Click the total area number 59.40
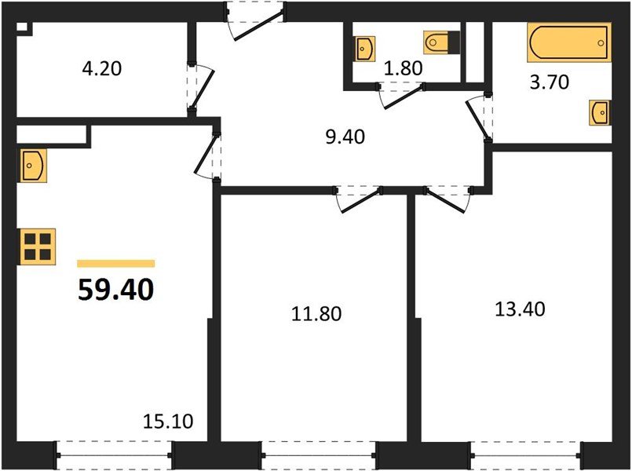coord(115,290)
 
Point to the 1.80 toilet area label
coord(404,68)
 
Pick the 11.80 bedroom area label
coord(317,314)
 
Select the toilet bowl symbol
coord(440,41)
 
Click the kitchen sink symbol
coord(32,165)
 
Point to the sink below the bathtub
coord(600,112)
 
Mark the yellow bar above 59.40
coord(115,264)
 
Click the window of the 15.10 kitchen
coord(115,453)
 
